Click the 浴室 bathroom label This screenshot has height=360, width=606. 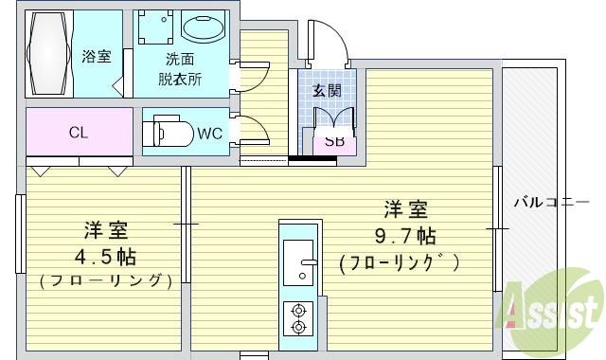97,56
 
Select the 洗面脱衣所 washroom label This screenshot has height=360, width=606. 180,69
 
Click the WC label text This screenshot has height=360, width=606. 209,133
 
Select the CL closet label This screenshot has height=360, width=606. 79,133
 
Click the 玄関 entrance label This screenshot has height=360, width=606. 328,91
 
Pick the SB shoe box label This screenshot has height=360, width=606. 333,142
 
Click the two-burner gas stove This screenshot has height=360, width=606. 299,318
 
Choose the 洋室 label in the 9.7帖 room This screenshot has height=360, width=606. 404,208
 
